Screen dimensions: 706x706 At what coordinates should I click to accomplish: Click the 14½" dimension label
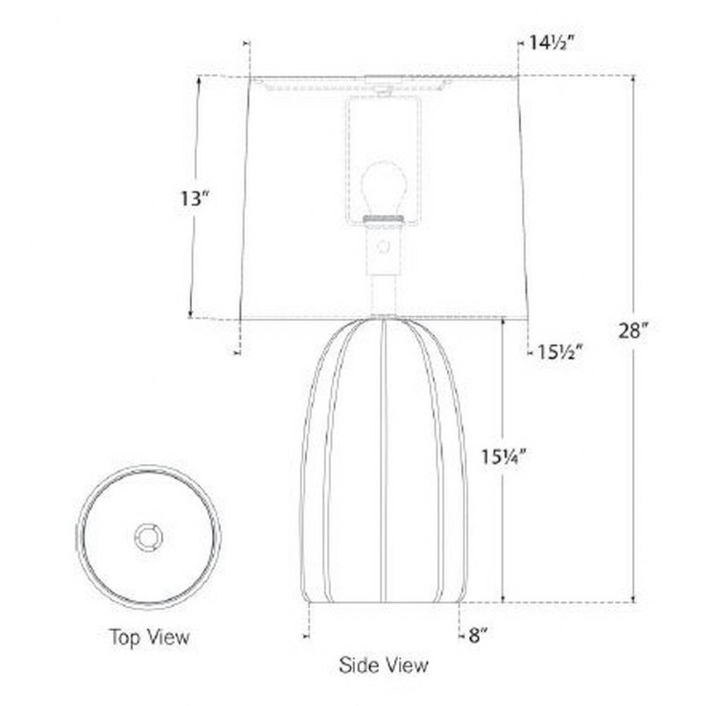point(552,43)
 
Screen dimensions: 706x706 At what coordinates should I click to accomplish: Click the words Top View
point(150,637)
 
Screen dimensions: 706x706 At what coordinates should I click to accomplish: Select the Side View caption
point(383,665)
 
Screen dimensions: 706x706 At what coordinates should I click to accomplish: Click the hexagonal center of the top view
point(148,537)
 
